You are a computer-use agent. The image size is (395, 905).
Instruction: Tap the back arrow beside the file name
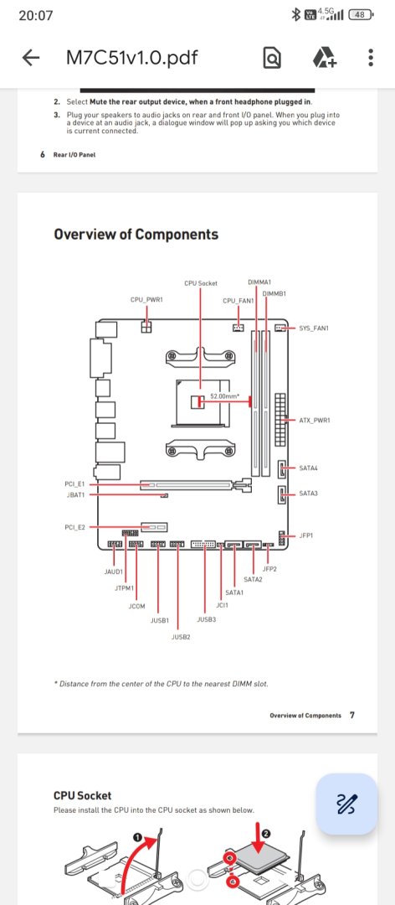[31, 58]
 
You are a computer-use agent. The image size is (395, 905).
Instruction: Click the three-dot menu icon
[371, 58]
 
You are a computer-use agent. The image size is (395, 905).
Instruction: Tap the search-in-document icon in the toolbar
[272, 59]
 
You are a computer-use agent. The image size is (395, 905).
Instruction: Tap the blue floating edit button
[347, 804]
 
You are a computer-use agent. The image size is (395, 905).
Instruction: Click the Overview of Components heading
[136, 235]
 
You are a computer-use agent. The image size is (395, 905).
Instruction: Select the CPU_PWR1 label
[147, 299]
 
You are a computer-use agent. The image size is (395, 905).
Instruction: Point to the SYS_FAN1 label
[315, 328]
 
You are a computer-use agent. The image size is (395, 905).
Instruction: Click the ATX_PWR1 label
[315, 420]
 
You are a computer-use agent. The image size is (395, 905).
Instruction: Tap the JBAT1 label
[75, 494]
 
